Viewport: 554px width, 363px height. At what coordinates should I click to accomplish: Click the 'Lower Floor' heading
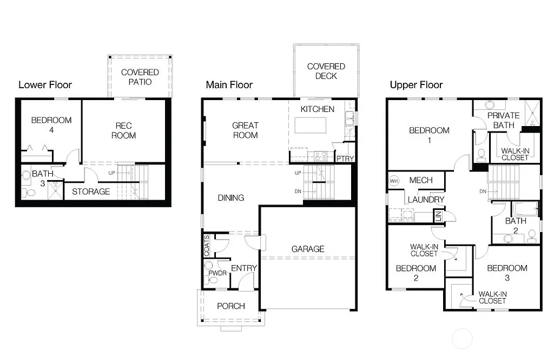[x=45, y=85]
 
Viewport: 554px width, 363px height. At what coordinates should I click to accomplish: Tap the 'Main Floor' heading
[x=229, y=85]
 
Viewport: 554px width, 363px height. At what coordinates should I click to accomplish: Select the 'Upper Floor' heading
[x=416, y=85]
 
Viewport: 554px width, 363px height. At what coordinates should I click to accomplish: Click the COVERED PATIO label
[x=140, y=77]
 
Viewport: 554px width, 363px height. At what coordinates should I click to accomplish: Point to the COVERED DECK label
[x=326, y=71]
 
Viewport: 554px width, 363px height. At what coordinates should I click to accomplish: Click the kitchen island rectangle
[x=311, y=126]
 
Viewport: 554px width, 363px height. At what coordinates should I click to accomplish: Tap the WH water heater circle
[x=394, y=181]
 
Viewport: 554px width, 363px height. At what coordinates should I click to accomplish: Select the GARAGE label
[x=308, y=249]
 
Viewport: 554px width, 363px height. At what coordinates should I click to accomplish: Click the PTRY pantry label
[x=345, y=159]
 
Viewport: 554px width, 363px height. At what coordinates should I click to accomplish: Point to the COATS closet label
[x=207, y=245]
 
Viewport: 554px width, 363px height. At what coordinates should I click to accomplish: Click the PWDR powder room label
[x=217, y=273]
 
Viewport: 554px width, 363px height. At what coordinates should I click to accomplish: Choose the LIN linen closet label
[x=437, y=216]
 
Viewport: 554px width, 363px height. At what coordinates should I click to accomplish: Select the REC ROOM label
[x=123, y=130]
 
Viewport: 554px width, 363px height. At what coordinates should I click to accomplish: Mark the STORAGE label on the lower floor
[x=91, y=192]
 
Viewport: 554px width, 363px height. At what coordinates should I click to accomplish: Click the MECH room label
[x=420, y=180]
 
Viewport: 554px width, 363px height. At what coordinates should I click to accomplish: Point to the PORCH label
[x=231, y=306]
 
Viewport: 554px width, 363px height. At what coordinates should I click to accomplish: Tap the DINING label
[x=231, y=197]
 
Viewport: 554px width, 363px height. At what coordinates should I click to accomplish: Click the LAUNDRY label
[x=426, y=200]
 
